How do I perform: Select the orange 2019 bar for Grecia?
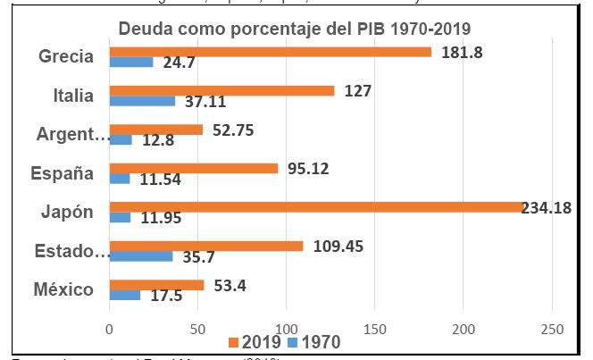pos(270,51)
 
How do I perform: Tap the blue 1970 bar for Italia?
pos(142,102)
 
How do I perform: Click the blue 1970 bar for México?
pos(124,296)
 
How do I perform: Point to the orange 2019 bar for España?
pos(193,168)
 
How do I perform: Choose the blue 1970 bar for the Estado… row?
pos(140,255)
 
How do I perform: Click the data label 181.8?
pos(462,53)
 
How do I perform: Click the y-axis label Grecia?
pos(66,56)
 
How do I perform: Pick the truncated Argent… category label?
pos(72,135)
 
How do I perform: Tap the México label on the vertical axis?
pos(65,289)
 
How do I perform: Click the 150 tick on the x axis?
pos(375,328)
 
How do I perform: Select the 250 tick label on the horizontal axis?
pos(552,328)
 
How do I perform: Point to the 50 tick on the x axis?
pos(197,328)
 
